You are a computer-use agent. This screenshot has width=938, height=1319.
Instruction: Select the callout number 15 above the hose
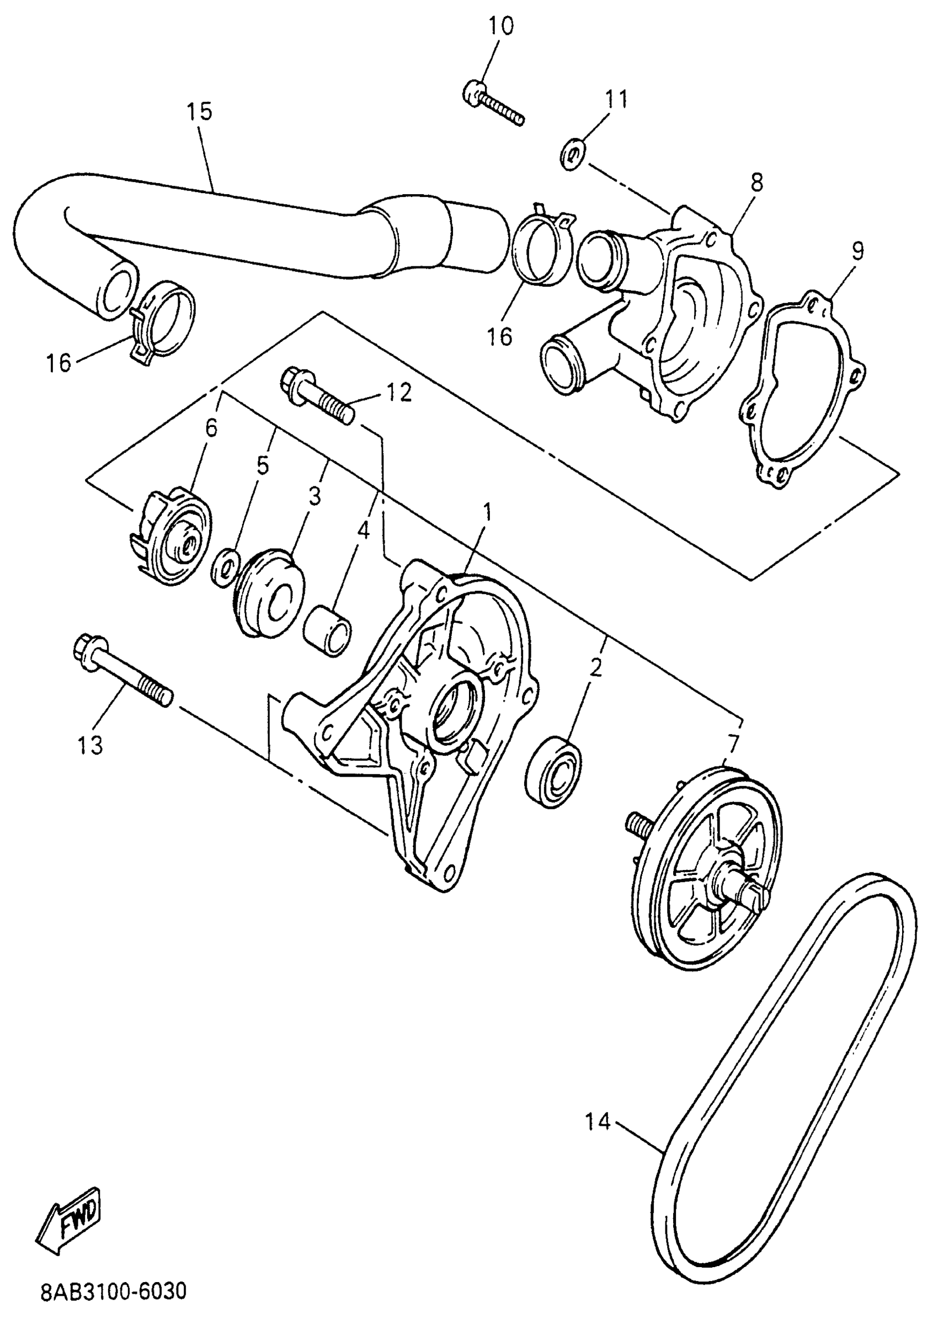[x=199, y=111]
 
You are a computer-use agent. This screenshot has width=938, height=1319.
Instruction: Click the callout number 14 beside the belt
[x=598, y=1122]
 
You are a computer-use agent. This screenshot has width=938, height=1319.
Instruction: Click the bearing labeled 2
[x=553, y=771]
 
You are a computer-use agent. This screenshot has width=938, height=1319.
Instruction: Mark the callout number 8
[x=756, y=183]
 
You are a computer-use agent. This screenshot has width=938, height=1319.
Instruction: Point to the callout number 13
[x=90, y=745]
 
